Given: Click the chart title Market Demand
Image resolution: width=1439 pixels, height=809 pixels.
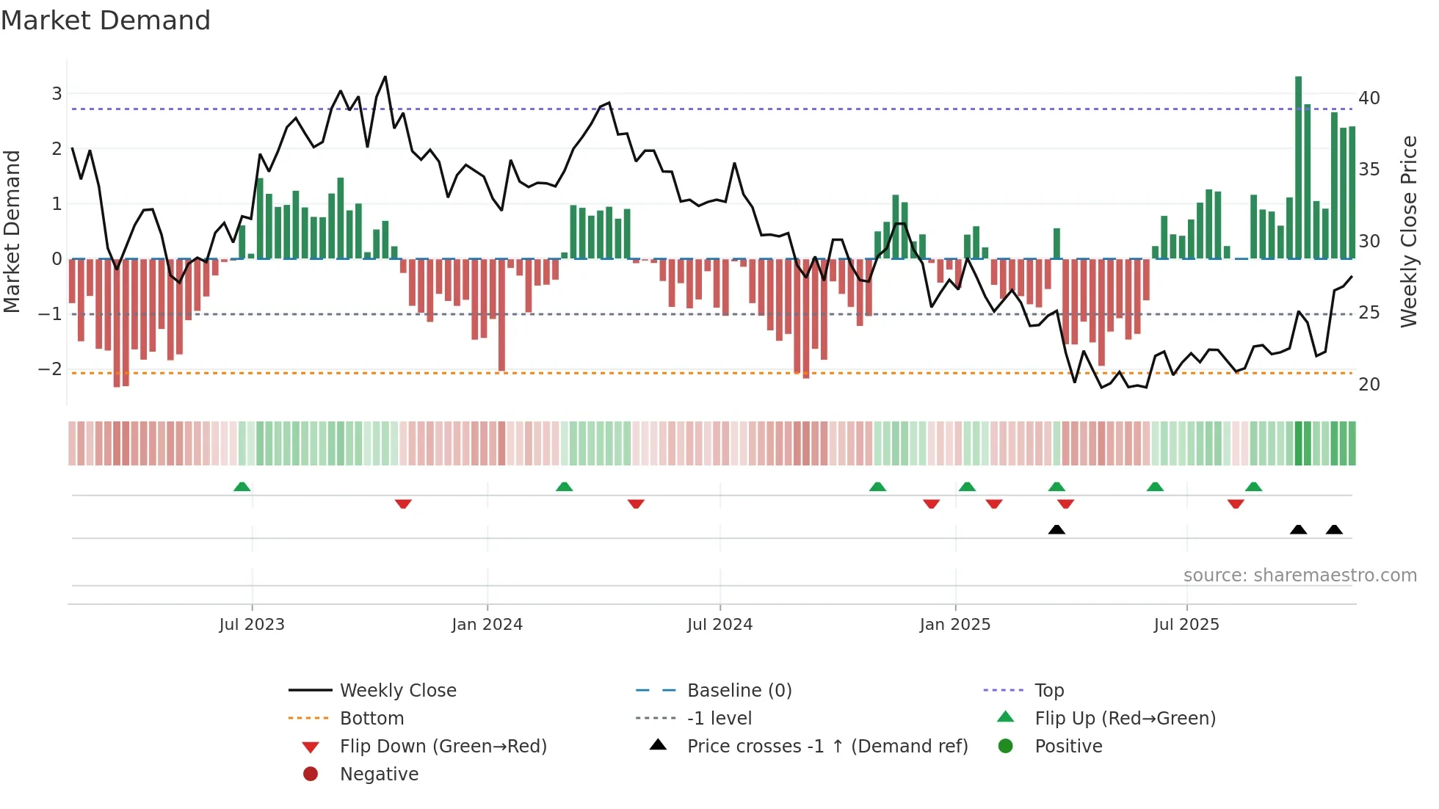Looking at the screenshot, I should coord(106,21).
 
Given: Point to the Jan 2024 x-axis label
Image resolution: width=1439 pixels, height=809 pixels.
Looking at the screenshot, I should coord(487,625).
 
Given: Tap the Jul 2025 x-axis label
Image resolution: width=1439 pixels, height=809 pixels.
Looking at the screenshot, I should coord(1186,625).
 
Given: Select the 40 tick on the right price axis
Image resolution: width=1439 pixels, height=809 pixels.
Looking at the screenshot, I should coord(1369,98).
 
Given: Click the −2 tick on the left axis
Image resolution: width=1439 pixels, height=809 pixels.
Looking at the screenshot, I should coord(50,369).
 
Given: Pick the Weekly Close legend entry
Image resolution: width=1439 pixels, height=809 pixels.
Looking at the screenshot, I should coord(397,691).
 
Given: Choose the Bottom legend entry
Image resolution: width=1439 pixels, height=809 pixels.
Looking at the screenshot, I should coord(371,719).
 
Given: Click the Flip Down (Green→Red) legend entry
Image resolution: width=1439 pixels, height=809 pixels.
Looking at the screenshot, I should coord(443,747).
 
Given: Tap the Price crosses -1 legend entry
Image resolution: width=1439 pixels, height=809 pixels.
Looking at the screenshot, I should coord(827,747).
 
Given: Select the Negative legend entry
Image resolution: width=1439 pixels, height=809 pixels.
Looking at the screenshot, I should coord(379,774).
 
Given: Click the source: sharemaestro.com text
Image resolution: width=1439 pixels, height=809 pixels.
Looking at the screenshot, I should coord(1300,576).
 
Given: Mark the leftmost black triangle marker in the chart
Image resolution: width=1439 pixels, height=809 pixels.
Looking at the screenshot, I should coord(1056,529).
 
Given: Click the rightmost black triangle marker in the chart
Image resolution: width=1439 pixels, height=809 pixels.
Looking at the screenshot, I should coord(1334,529).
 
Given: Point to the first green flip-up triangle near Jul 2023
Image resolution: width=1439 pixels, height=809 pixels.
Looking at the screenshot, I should coord(242,487).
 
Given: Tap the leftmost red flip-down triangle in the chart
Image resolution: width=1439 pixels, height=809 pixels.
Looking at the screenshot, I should coord(403,504).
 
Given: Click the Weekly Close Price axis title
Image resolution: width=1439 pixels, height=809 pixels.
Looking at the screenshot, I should coord(1408,231).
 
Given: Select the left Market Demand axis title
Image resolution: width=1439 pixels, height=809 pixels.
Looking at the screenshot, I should coord(12,231).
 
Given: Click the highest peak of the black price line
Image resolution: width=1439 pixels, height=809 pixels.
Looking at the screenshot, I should coord(385,77).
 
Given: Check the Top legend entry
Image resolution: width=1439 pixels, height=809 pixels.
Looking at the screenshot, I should coord(1048,691).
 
